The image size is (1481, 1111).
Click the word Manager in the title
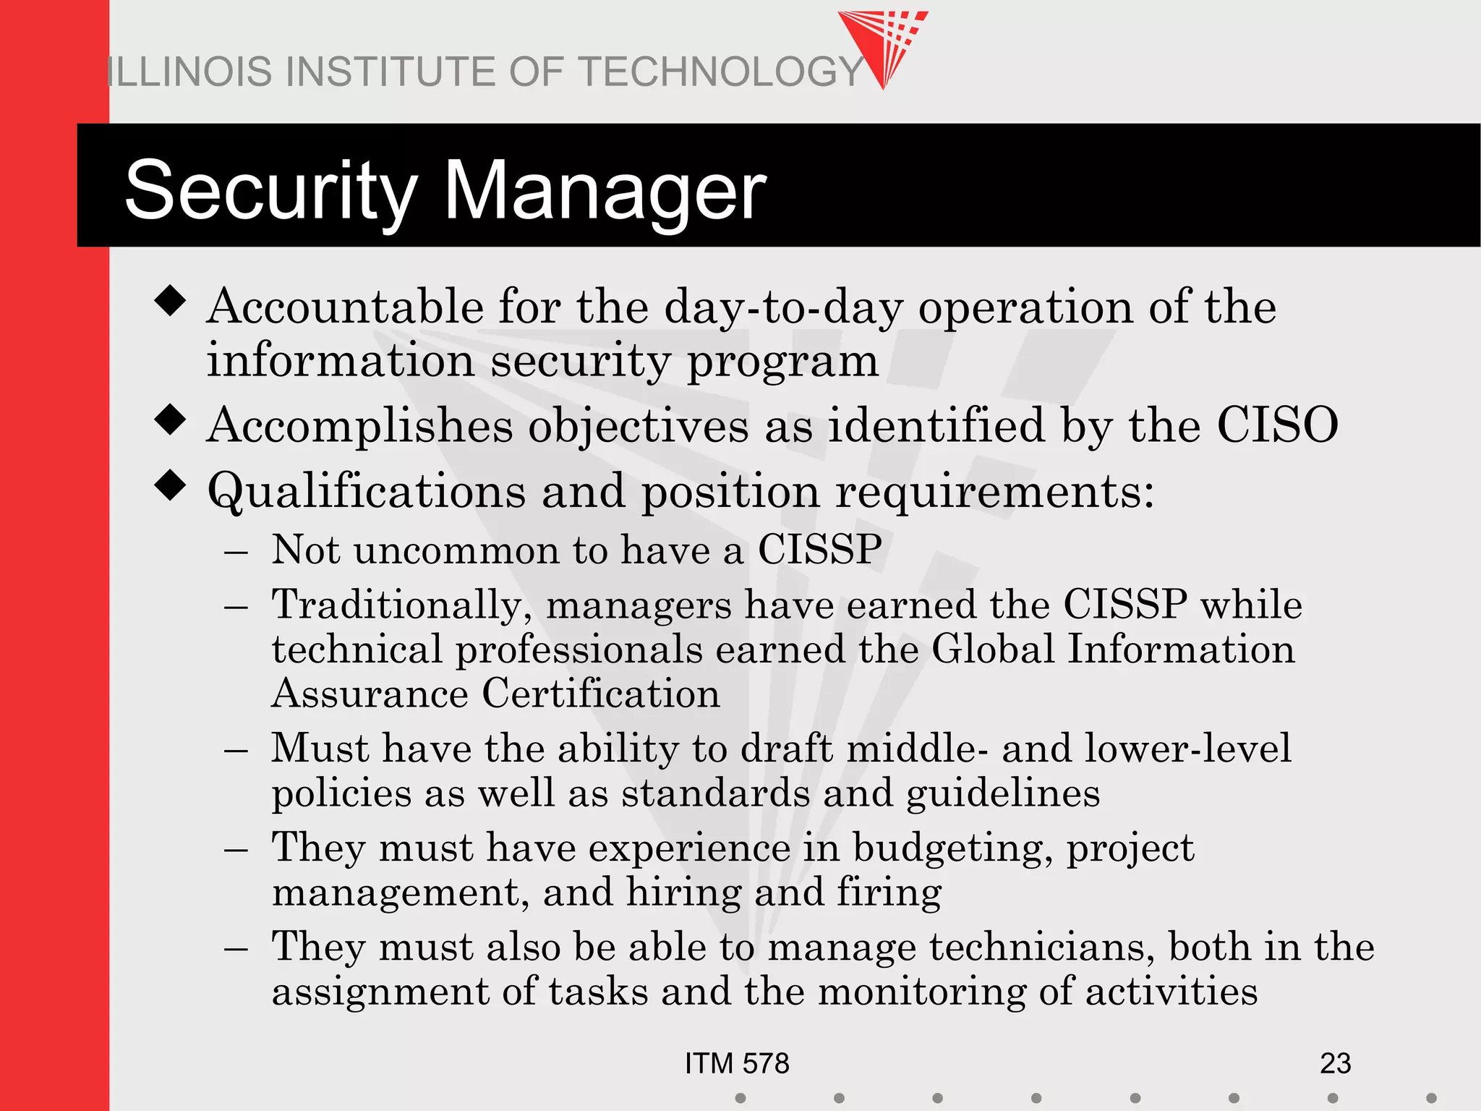(605, 191)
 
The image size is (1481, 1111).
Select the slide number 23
(1335, 1063)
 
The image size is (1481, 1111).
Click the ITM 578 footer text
(737, 1063)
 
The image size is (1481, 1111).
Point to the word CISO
(1277, 425)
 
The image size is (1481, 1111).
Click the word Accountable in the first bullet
(345, 307)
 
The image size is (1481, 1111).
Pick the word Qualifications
(366, 492)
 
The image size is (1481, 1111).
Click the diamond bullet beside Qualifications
(171, 485)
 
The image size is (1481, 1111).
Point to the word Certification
(600, 694)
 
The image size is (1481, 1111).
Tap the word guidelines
(1003, 794)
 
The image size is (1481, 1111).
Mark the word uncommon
(456, 550)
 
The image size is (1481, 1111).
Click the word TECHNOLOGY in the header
(721, 72)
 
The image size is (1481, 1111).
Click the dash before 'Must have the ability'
(236, 750)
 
